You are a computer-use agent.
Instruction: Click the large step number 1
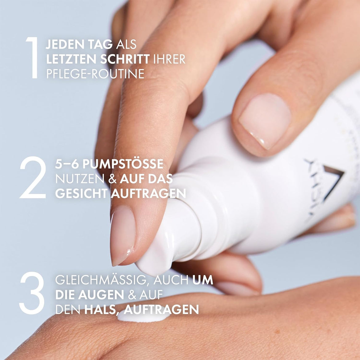(32, 58)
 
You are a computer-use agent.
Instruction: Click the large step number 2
(32, 178)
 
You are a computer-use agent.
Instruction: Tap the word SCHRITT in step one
(125, 59)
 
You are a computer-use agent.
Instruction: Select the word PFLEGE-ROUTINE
(95, 74)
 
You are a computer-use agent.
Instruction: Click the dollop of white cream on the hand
(143, 316)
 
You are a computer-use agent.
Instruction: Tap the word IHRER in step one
(169, 59)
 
